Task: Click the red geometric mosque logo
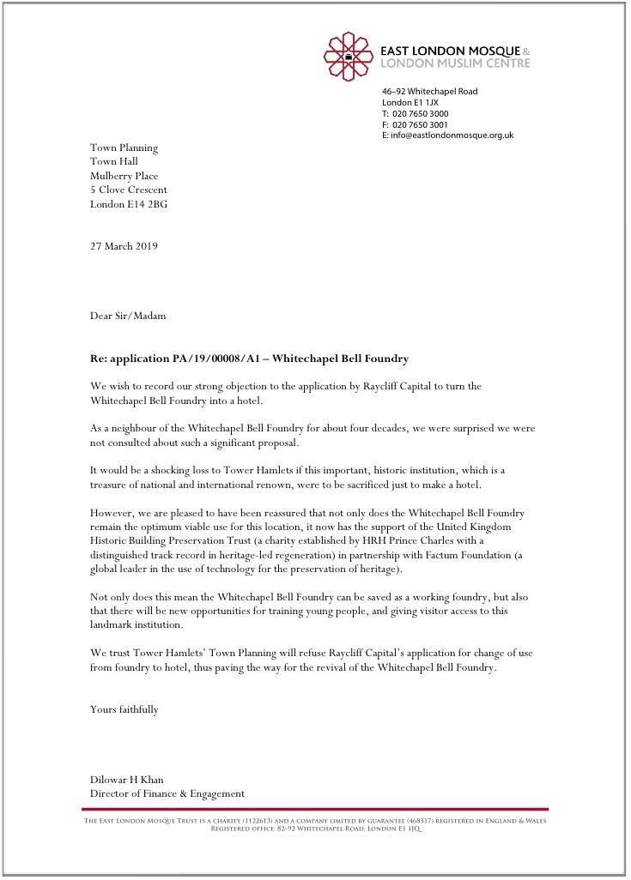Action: (349, 57)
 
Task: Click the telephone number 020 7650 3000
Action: (421, 114)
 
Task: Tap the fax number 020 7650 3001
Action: (421, 125)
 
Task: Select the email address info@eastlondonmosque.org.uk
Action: (452, 136)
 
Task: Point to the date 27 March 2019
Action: (124, 246)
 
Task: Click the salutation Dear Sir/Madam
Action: (128, 316)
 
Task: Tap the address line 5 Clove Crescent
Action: (129, 190)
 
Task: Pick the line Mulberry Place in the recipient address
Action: (124, 176)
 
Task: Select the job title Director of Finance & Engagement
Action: (167, 793)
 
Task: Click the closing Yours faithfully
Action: (124, 709)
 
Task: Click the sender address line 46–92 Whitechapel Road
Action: (430, 92)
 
